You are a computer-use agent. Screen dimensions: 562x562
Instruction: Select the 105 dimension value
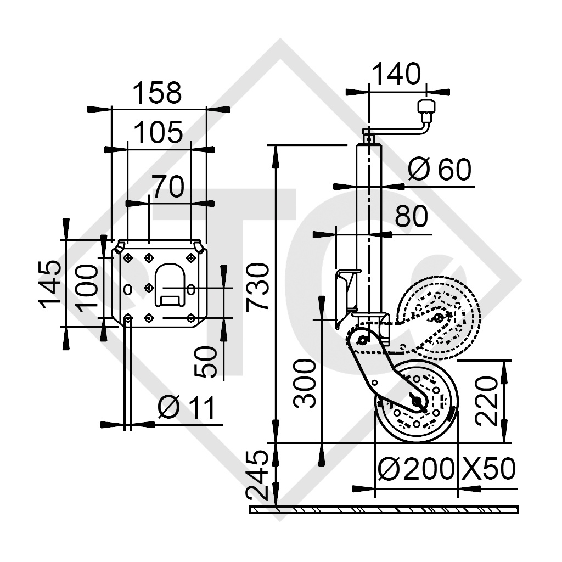158,133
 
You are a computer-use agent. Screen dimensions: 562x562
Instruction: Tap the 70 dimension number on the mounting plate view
167,187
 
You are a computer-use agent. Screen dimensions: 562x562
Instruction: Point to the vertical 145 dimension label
50,283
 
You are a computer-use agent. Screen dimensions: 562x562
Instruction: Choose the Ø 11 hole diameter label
186,408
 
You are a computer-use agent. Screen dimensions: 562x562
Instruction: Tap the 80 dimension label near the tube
411,217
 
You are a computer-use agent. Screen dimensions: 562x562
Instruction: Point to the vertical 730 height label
257,286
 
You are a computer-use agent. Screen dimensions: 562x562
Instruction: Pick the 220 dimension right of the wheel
487,401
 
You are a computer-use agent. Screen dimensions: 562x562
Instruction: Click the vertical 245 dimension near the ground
257,475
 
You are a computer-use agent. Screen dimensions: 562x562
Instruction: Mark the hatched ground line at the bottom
384,509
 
